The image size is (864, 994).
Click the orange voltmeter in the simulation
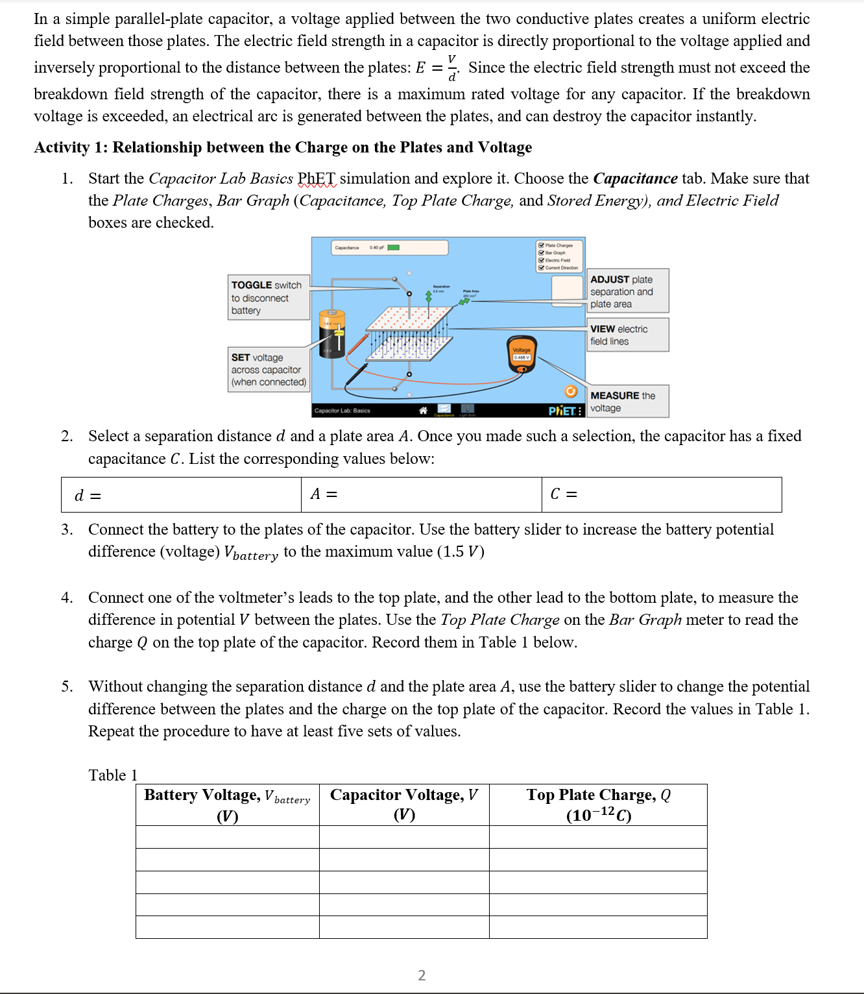click(x=522, y=354)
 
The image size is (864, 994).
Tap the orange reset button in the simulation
click(x=571, y=391)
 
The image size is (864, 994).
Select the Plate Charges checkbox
click(x=541, y=245)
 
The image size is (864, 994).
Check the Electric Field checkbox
click(x=541, y=260)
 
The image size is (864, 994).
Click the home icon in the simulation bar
click(x=423, y=411)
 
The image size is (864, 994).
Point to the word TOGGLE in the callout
click(x=251, y=285)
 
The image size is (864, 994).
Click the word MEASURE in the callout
click(x=614, y=395)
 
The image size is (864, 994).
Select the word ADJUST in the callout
click(x=610, y=280)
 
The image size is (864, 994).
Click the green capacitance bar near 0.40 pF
click(x=393, y=247)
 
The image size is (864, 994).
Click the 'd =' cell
click(x=181, y=495)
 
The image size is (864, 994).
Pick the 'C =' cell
click(x=661, y=495)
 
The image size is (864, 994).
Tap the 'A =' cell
click(x=421, y=495)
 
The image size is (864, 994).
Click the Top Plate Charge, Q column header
click(x=598, y=805)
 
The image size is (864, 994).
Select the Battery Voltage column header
click(x=227, y=805)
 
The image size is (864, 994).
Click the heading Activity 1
click(x=283, y=147)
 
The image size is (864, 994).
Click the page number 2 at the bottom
click(x=422, y=975)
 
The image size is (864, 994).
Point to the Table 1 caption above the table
click(x=113, y=775)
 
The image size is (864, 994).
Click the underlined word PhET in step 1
click(x=317, y=178)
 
